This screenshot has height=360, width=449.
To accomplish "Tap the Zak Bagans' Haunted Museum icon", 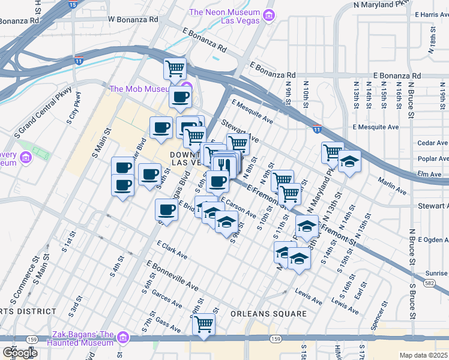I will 123,337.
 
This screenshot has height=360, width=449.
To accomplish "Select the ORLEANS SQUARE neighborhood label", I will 268,314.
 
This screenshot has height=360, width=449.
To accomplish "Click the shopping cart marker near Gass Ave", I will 204,324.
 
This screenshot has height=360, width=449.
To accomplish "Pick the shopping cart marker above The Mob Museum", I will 175,68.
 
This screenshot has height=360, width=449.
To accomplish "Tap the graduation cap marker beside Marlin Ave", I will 349,162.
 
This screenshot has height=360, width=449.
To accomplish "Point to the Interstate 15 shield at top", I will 72,4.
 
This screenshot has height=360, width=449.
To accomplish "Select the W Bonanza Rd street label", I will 133,19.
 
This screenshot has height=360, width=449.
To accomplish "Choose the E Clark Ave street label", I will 172,250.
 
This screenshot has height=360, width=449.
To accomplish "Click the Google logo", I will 20,353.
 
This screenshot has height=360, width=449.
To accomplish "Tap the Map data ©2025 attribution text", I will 424,355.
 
